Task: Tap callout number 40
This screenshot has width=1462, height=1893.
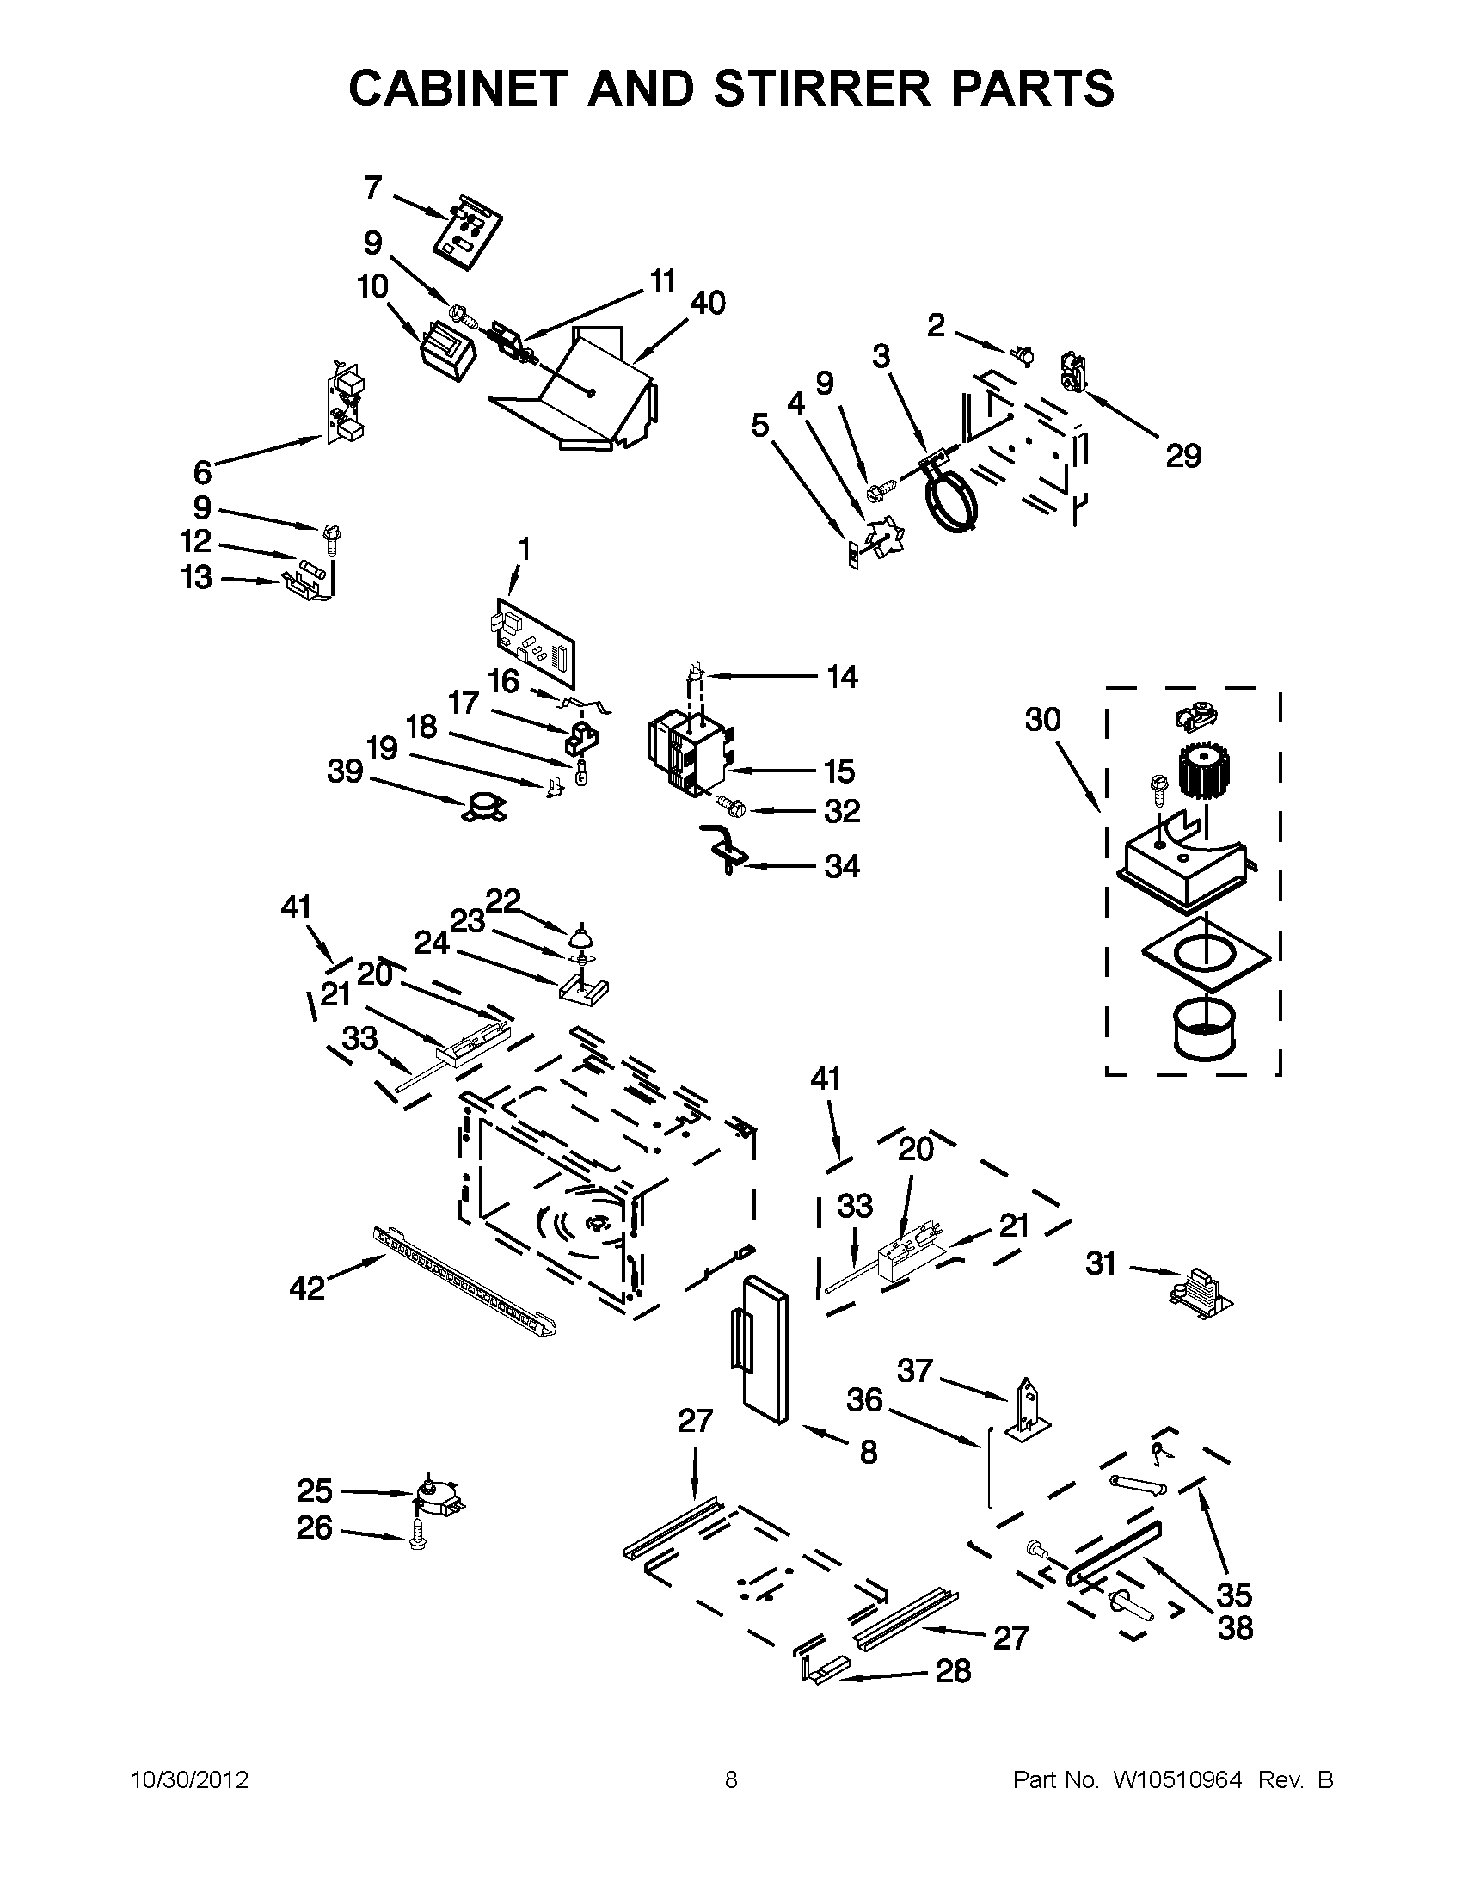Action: [707, 304]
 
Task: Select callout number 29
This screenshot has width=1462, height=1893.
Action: [1183, 456]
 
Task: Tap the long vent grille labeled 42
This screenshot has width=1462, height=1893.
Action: [464, 1276]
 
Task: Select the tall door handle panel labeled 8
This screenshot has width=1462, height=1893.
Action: [765, 1349]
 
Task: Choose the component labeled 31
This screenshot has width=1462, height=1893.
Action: [1200, 1294]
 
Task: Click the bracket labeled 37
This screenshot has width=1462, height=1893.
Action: [1029, 1409]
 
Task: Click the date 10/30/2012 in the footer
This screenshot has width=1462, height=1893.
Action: [189, 1780]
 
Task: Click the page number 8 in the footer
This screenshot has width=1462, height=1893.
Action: [730, 1780]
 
